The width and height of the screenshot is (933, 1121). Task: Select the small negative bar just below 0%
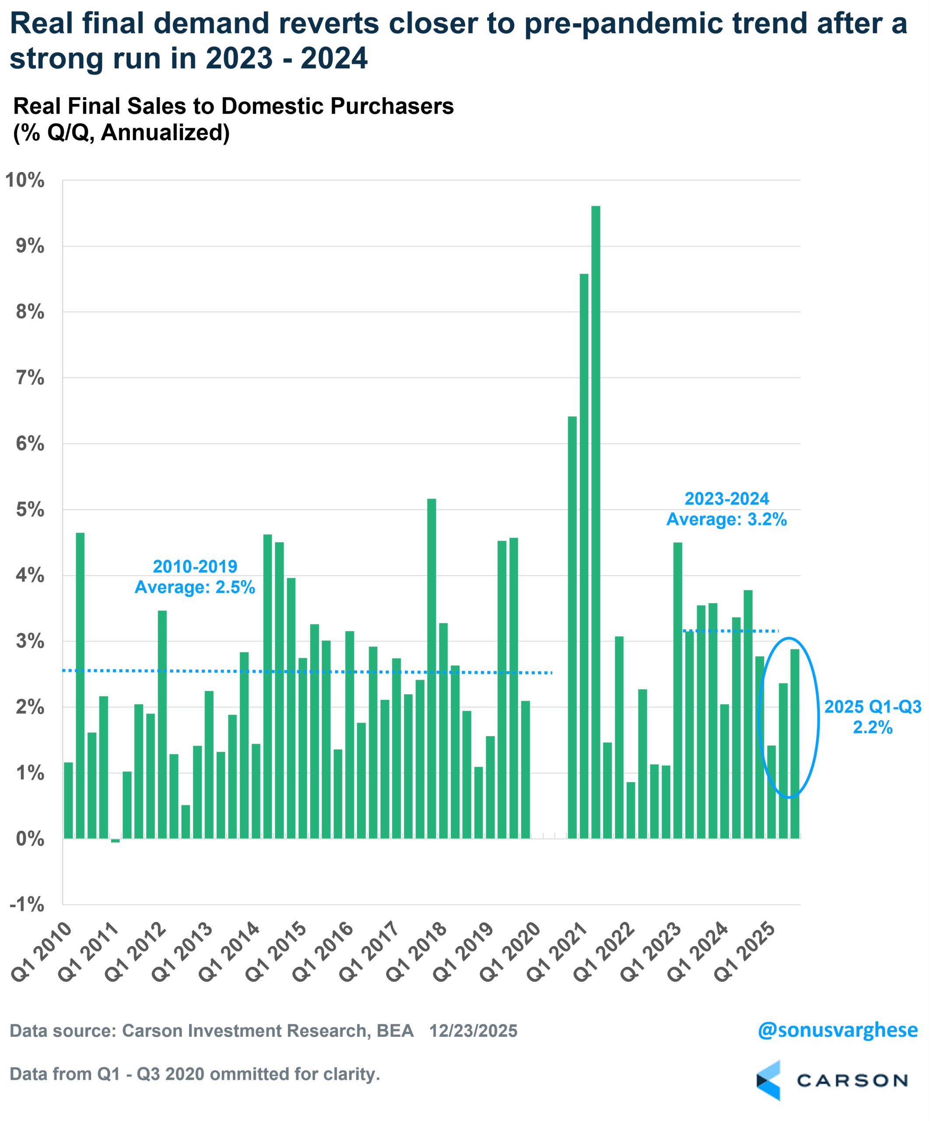(115, 841)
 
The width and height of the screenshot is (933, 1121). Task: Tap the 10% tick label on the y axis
(25, 180)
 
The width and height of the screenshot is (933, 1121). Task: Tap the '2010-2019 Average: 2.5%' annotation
(195, 577)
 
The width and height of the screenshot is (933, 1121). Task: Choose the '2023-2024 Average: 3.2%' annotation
(726, 509)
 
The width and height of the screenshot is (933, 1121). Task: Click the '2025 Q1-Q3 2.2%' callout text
(873, 716)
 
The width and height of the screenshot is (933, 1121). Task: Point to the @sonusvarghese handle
(838, 1030)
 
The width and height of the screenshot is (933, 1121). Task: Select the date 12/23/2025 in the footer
(473, 1031)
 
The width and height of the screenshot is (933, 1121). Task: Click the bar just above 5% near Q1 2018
(431, 667)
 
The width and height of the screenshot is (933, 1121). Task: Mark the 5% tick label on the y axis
(30, 509)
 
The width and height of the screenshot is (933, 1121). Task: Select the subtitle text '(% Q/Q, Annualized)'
(122, 132)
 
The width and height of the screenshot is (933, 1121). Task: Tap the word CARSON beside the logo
(852, 1081)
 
